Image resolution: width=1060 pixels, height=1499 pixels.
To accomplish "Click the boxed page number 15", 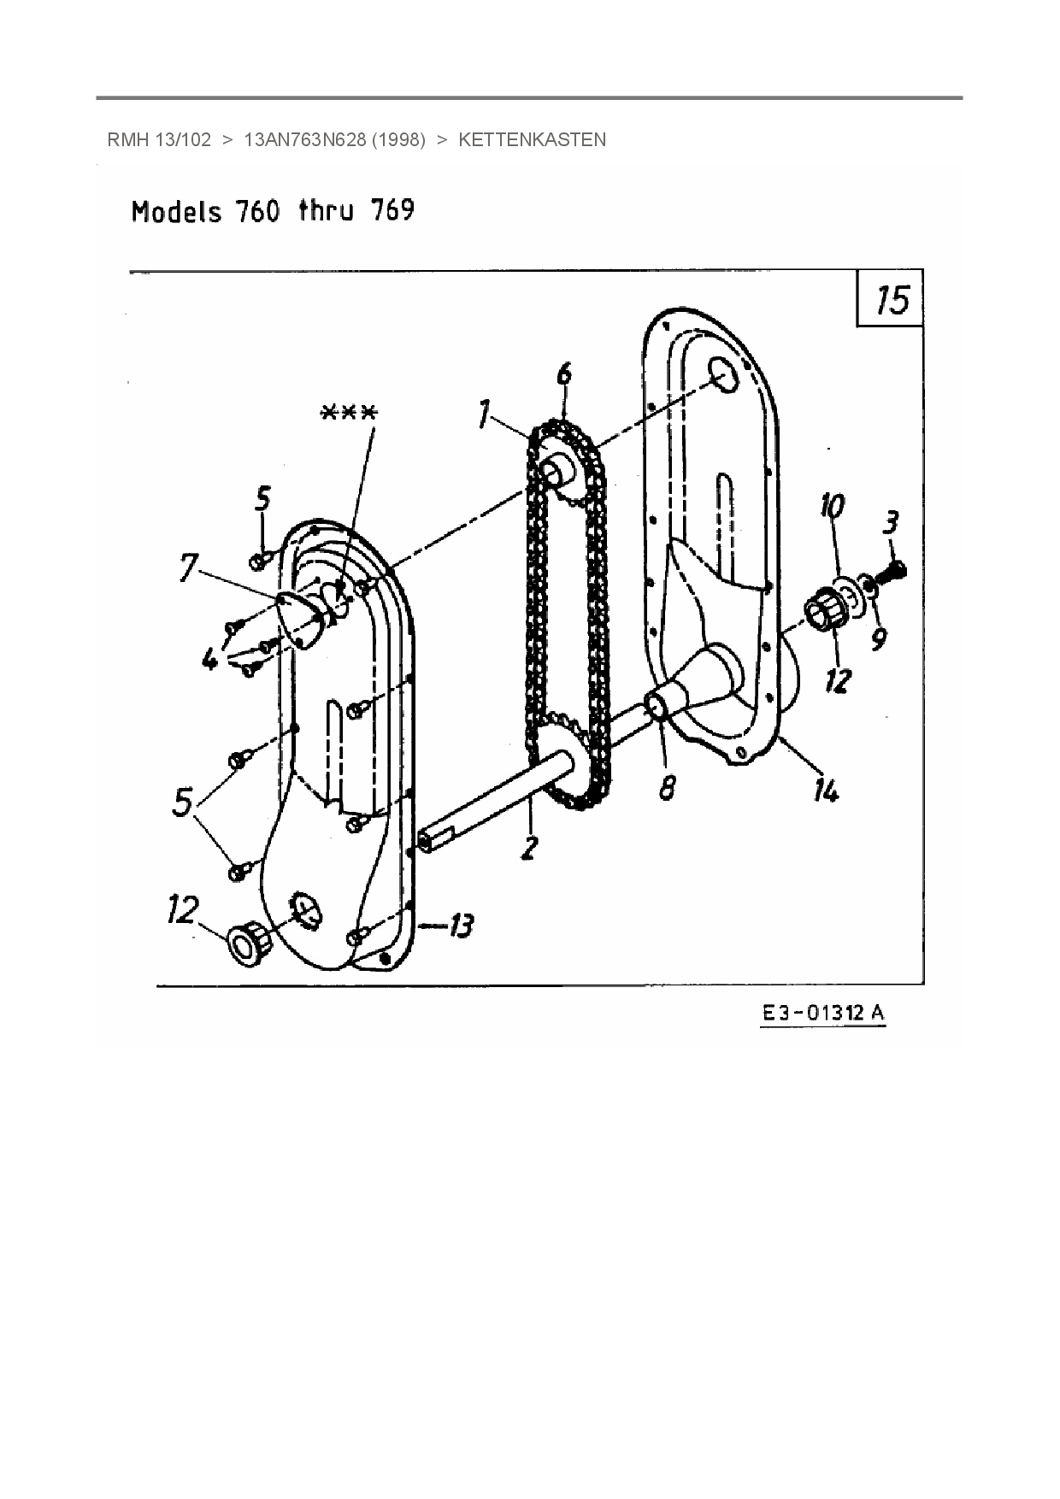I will click(x=892, y=300).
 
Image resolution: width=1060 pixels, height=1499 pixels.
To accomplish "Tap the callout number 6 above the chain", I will click(x=563, y=374).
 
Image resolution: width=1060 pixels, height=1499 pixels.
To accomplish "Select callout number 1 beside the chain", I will click(x=485, y=416).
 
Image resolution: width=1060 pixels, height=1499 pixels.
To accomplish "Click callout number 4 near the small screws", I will click(x=209, y=658).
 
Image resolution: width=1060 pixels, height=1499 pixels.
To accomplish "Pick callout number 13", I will click(x=461, y=925).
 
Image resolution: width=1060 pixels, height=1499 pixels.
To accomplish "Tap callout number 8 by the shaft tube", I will click(x=667, y=787).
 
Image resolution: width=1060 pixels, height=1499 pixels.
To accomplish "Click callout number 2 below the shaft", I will click(x=530, y=846).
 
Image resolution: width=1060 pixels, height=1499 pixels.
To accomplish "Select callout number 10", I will click(x=831, y=507).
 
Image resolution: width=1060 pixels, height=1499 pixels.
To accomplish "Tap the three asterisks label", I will click(x=348, y=412).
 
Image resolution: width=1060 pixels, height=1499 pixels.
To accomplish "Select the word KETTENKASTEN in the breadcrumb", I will click(x=532, y=140).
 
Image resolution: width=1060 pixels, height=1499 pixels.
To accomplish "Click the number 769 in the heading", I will click(x=392, y=210).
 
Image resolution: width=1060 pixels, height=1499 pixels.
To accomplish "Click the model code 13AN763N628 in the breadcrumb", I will click(x=305, y=140).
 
